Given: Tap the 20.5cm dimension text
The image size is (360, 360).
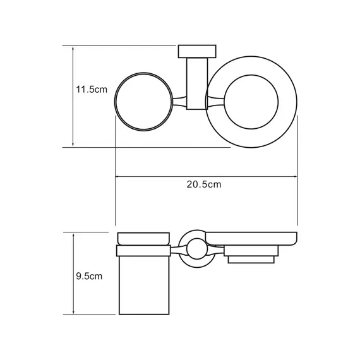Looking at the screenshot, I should (x=203, y=184).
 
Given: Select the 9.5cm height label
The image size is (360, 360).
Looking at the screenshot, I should (x=88, y=276).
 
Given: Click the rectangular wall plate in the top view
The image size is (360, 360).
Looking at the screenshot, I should (x=197, y=51).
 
